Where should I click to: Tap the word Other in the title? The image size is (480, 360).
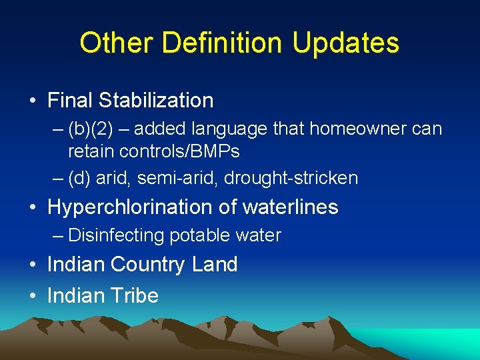click(x=117, y=43)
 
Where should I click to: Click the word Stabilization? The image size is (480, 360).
click(x=156, y=101)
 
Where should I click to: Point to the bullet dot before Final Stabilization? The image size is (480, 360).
click(x=33, y=101)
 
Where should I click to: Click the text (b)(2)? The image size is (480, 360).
click(x=90, y=129)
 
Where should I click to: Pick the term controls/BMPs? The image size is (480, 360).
click(x=179, y=151)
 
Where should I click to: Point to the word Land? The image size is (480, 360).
click(x=215, y=265)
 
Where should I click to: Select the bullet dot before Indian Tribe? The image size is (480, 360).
click(x=33, y=296)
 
